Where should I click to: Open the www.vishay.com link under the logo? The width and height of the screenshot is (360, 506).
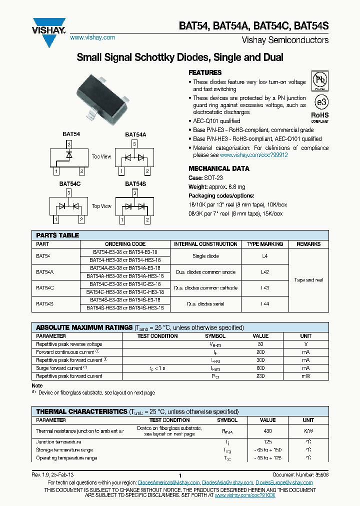[92, 37]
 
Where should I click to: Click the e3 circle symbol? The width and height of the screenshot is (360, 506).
[320, 102]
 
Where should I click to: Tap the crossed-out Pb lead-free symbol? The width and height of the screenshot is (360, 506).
[320, 80]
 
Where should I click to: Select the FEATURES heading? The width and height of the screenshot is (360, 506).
[205, 72]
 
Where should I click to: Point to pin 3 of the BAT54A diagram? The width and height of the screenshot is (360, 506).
[134, 144]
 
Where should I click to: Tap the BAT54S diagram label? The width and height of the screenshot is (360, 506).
[135, 184]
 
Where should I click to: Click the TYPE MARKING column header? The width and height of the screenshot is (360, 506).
[264, 244]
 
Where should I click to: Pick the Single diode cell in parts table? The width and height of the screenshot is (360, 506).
[205, 256]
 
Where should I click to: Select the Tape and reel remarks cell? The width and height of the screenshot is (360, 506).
[308, 280]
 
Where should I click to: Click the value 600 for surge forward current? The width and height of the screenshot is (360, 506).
[260, 368]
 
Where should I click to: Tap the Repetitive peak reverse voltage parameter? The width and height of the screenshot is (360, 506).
[69, 344]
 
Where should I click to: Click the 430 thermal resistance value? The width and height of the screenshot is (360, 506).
[267, 430]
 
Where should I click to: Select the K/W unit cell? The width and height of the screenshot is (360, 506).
[308, 430]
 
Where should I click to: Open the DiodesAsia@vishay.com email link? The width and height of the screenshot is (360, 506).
[227, 482]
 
